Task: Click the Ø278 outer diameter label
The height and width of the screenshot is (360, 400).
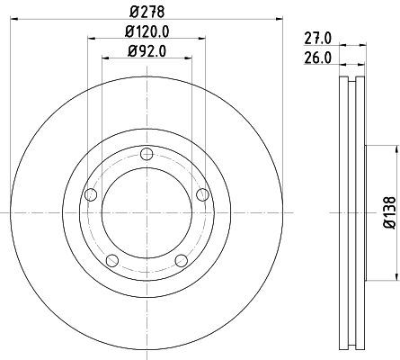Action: point(147,12)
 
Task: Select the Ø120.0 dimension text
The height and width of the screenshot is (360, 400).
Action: point(147,31)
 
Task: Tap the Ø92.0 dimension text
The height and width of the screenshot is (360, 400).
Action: point(147,51)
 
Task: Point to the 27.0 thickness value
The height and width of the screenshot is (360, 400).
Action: point(318,39)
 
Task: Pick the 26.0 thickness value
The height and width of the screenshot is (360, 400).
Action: point(318,58)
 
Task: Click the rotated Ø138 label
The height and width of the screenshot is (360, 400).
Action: point(390,212)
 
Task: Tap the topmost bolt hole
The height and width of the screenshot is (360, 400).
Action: point(147,155)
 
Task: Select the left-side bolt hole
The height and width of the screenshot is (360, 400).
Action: point(91,194)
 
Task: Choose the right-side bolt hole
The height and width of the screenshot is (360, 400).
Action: point(202,194)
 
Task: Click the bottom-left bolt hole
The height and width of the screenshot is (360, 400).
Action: point(112,260)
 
